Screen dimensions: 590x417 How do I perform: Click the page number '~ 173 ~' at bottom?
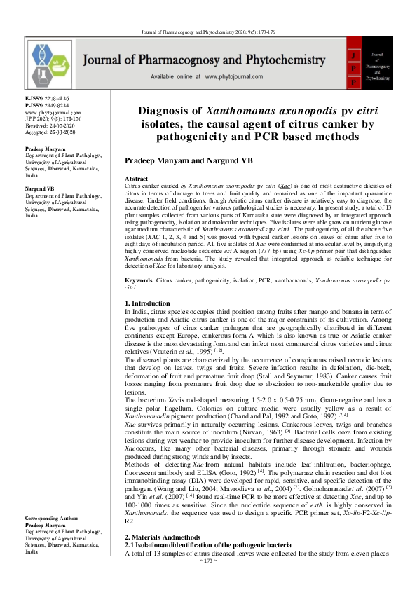209,582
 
